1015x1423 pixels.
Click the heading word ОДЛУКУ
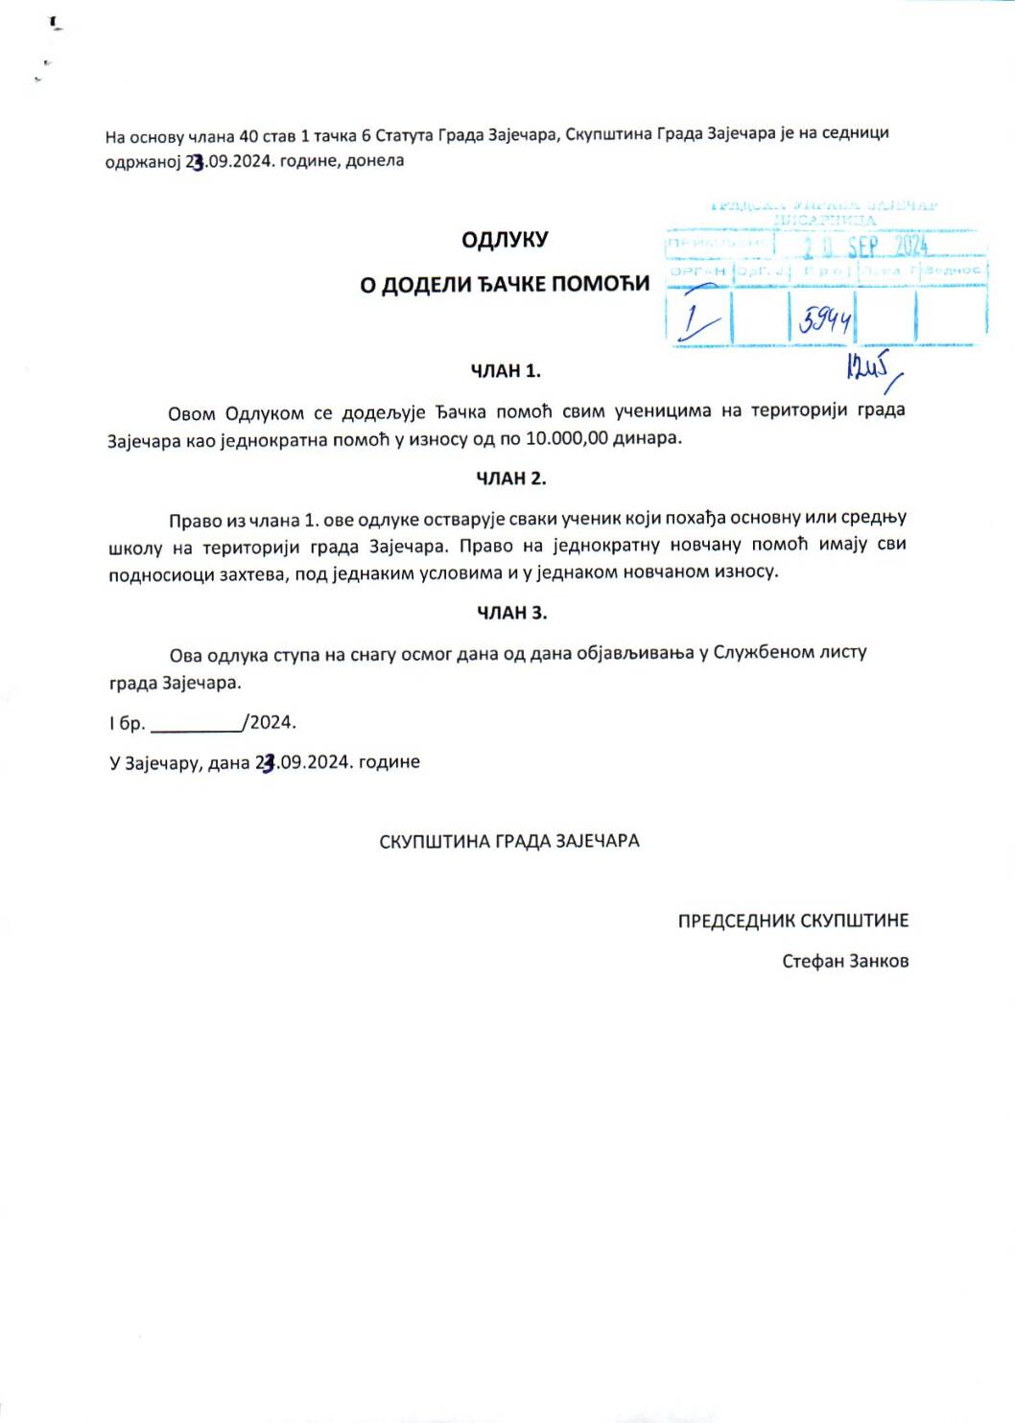click(x=504, y=240)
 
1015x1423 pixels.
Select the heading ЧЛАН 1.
click(x=506, y=371)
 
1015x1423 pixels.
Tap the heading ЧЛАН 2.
click(x=510, y=478)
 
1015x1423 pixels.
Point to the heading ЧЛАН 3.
click(x=511, y=613)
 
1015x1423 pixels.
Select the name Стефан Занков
click(x=844, y=961)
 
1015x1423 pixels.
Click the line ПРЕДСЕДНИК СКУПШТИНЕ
click(x=792, y=921)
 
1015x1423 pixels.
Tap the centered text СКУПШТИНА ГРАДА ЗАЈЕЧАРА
click(x=508, y=841)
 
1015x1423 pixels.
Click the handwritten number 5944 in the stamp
click(x=824, y=319)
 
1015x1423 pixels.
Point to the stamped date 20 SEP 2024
click(x=865, y=246)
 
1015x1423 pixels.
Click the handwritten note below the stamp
click(x=870, y=368)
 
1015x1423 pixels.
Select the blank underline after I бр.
click(x=197, y=724)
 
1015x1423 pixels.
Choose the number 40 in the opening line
click(x=248, y=136)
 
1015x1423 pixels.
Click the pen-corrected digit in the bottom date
click(x=269, y=763)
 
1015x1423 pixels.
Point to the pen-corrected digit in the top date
click(x=197, y=163)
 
